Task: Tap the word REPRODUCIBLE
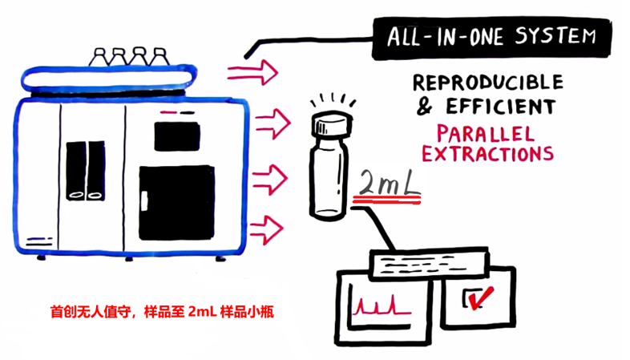487,83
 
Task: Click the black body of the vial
330,176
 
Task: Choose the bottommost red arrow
263,228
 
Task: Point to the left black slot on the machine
75,170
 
